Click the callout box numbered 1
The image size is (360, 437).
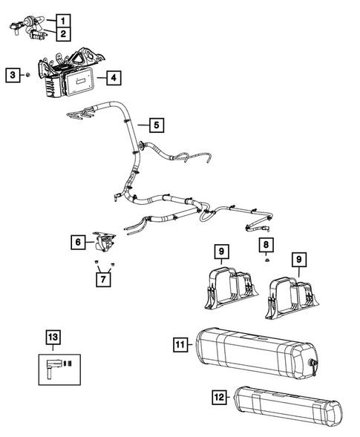tap(65, 20)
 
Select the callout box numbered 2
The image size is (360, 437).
tap(65, 34)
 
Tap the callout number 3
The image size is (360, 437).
tap(12, 75)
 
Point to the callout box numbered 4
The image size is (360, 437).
tap(112, 76)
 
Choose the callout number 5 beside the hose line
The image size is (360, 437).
tap(155, 125)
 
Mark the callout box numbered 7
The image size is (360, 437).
tap(104, 279)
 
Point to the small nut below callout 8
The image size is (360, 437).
tap(265, 261)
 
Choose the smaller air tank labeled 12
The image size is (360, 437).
tap(286, 408)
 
